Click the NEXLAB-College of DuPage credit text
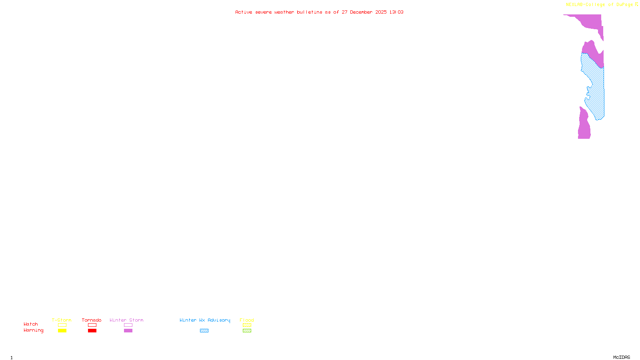click(x=599, y=5)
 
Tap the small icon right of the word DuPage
click(x=636, y=4)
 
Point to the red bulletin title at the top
click(x=319, y=12)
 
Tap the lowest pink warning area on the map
click(x=584, y=126)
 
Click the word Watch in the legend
click(x=31, y=324)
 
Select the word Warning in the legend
click(x=33, y=330)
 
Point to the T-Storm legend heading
click(x=62, y=320)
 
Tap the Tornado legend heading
click(x=92, y=320)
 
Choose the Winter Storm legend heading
click(x=126, y=320)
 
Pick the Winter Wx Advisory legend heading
click(x=205, y=320)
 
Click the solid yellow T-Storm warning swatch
click(x=62, y=331)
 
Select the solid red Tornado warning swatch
click(x=92, y=331)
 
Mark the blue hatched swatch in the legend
click(x=204, y=331)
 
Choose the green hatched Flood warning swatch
click(x=247, y=331)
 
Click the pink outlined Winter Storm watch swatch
click(x=128, y=325)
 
